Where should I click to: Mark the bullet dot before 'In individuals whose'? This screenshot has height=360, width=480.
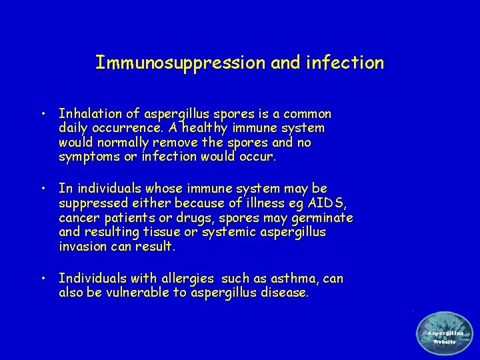(x=42, y=189)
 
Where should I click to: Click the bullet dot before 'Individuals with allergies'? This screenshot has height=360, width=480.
(x=42, y=277)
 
